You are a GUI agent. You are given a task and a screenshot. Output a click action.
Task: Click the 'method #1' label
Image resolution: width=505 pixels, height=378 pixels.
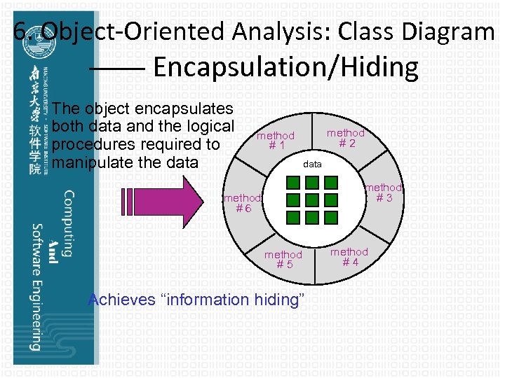tap(276, 141)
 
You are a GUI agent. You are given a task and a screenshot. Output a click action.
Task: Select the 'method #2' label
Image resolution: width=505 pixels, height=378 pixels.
tap(346, 138)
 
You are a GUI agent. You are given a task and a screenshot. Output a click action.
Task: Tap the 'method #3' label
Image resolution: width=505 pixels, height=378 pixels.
tap(384, 192)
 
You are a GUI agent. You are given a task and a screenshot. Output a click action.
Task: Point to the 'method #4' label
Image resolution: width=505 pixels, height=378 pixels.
tap(349, 257)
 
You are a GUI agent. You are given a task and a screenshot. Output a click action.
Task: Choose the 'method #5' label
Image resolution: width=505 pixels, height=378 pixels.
tap(283, 260)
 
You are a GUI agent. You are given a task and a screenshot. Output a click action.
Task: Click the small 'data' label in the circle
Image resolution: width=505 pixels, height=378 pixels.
tap(312, 164)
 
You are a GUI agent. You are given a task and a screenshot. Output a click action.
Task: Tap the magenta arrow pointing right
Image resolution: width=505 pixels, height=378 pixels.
tap(156, 202)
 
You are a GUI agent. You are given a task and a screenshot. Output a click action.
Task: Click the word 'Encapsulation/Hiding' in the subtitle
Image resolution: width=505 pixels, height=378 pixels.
tap(285, 68)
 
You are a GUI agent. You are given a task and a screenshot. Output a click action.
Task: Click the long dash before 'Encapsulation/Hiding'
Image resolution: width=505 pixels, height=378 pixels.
tap(117, 69)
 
